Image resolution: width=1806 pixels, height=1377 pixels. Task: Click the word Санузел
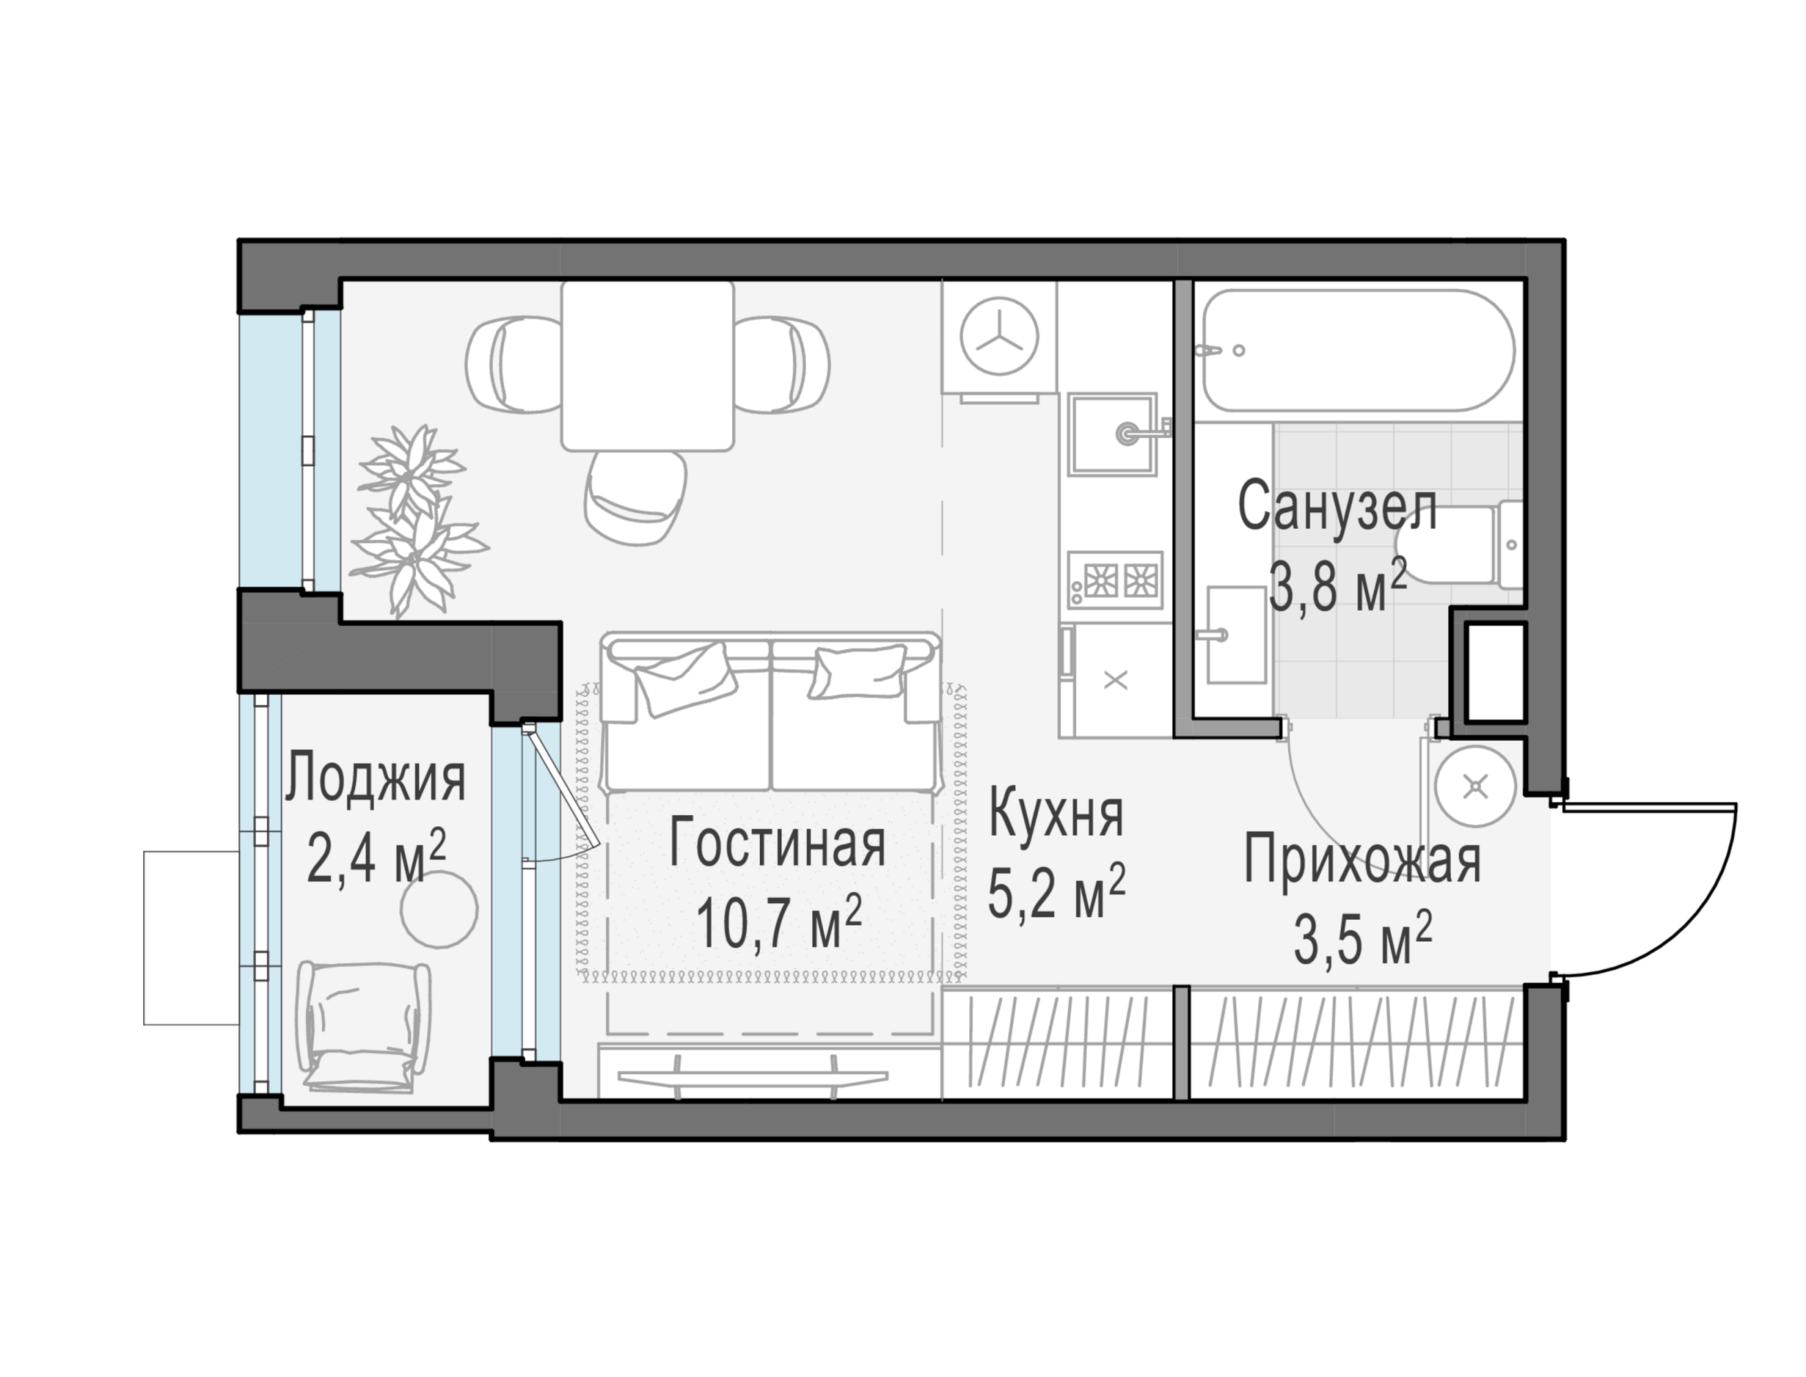click(x=1337, y=507)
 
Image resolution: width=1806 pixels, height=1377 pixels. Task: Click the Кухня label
click(x=1055, y=813)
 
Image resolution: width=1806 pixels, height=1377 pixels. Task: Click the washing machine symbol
click(x=999, y=337)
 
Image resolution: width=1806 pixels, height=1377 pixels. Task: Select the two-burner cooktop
click(x=1114, y=580)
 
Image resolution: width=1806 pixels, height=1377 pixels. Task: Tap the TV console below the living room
click(x=752, y=1075)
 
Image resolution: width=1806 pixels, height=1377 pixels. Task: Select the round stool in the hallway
click(x=1476, y=788)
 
